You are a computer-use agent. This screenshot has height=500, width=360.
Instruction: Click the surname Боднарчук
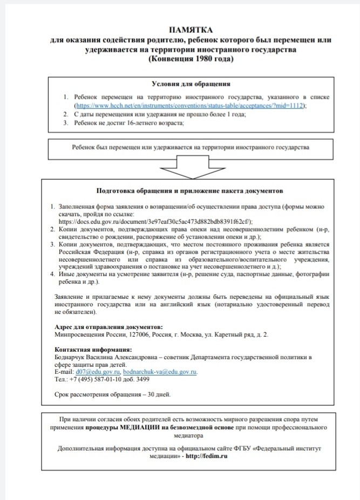[73, 357]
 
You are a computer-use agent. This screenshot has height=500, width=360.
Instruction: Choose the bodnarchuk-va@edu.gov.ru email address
[160, 372]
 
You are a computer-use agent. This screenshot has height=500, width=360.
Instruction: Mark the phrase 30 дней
[158, 394]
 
